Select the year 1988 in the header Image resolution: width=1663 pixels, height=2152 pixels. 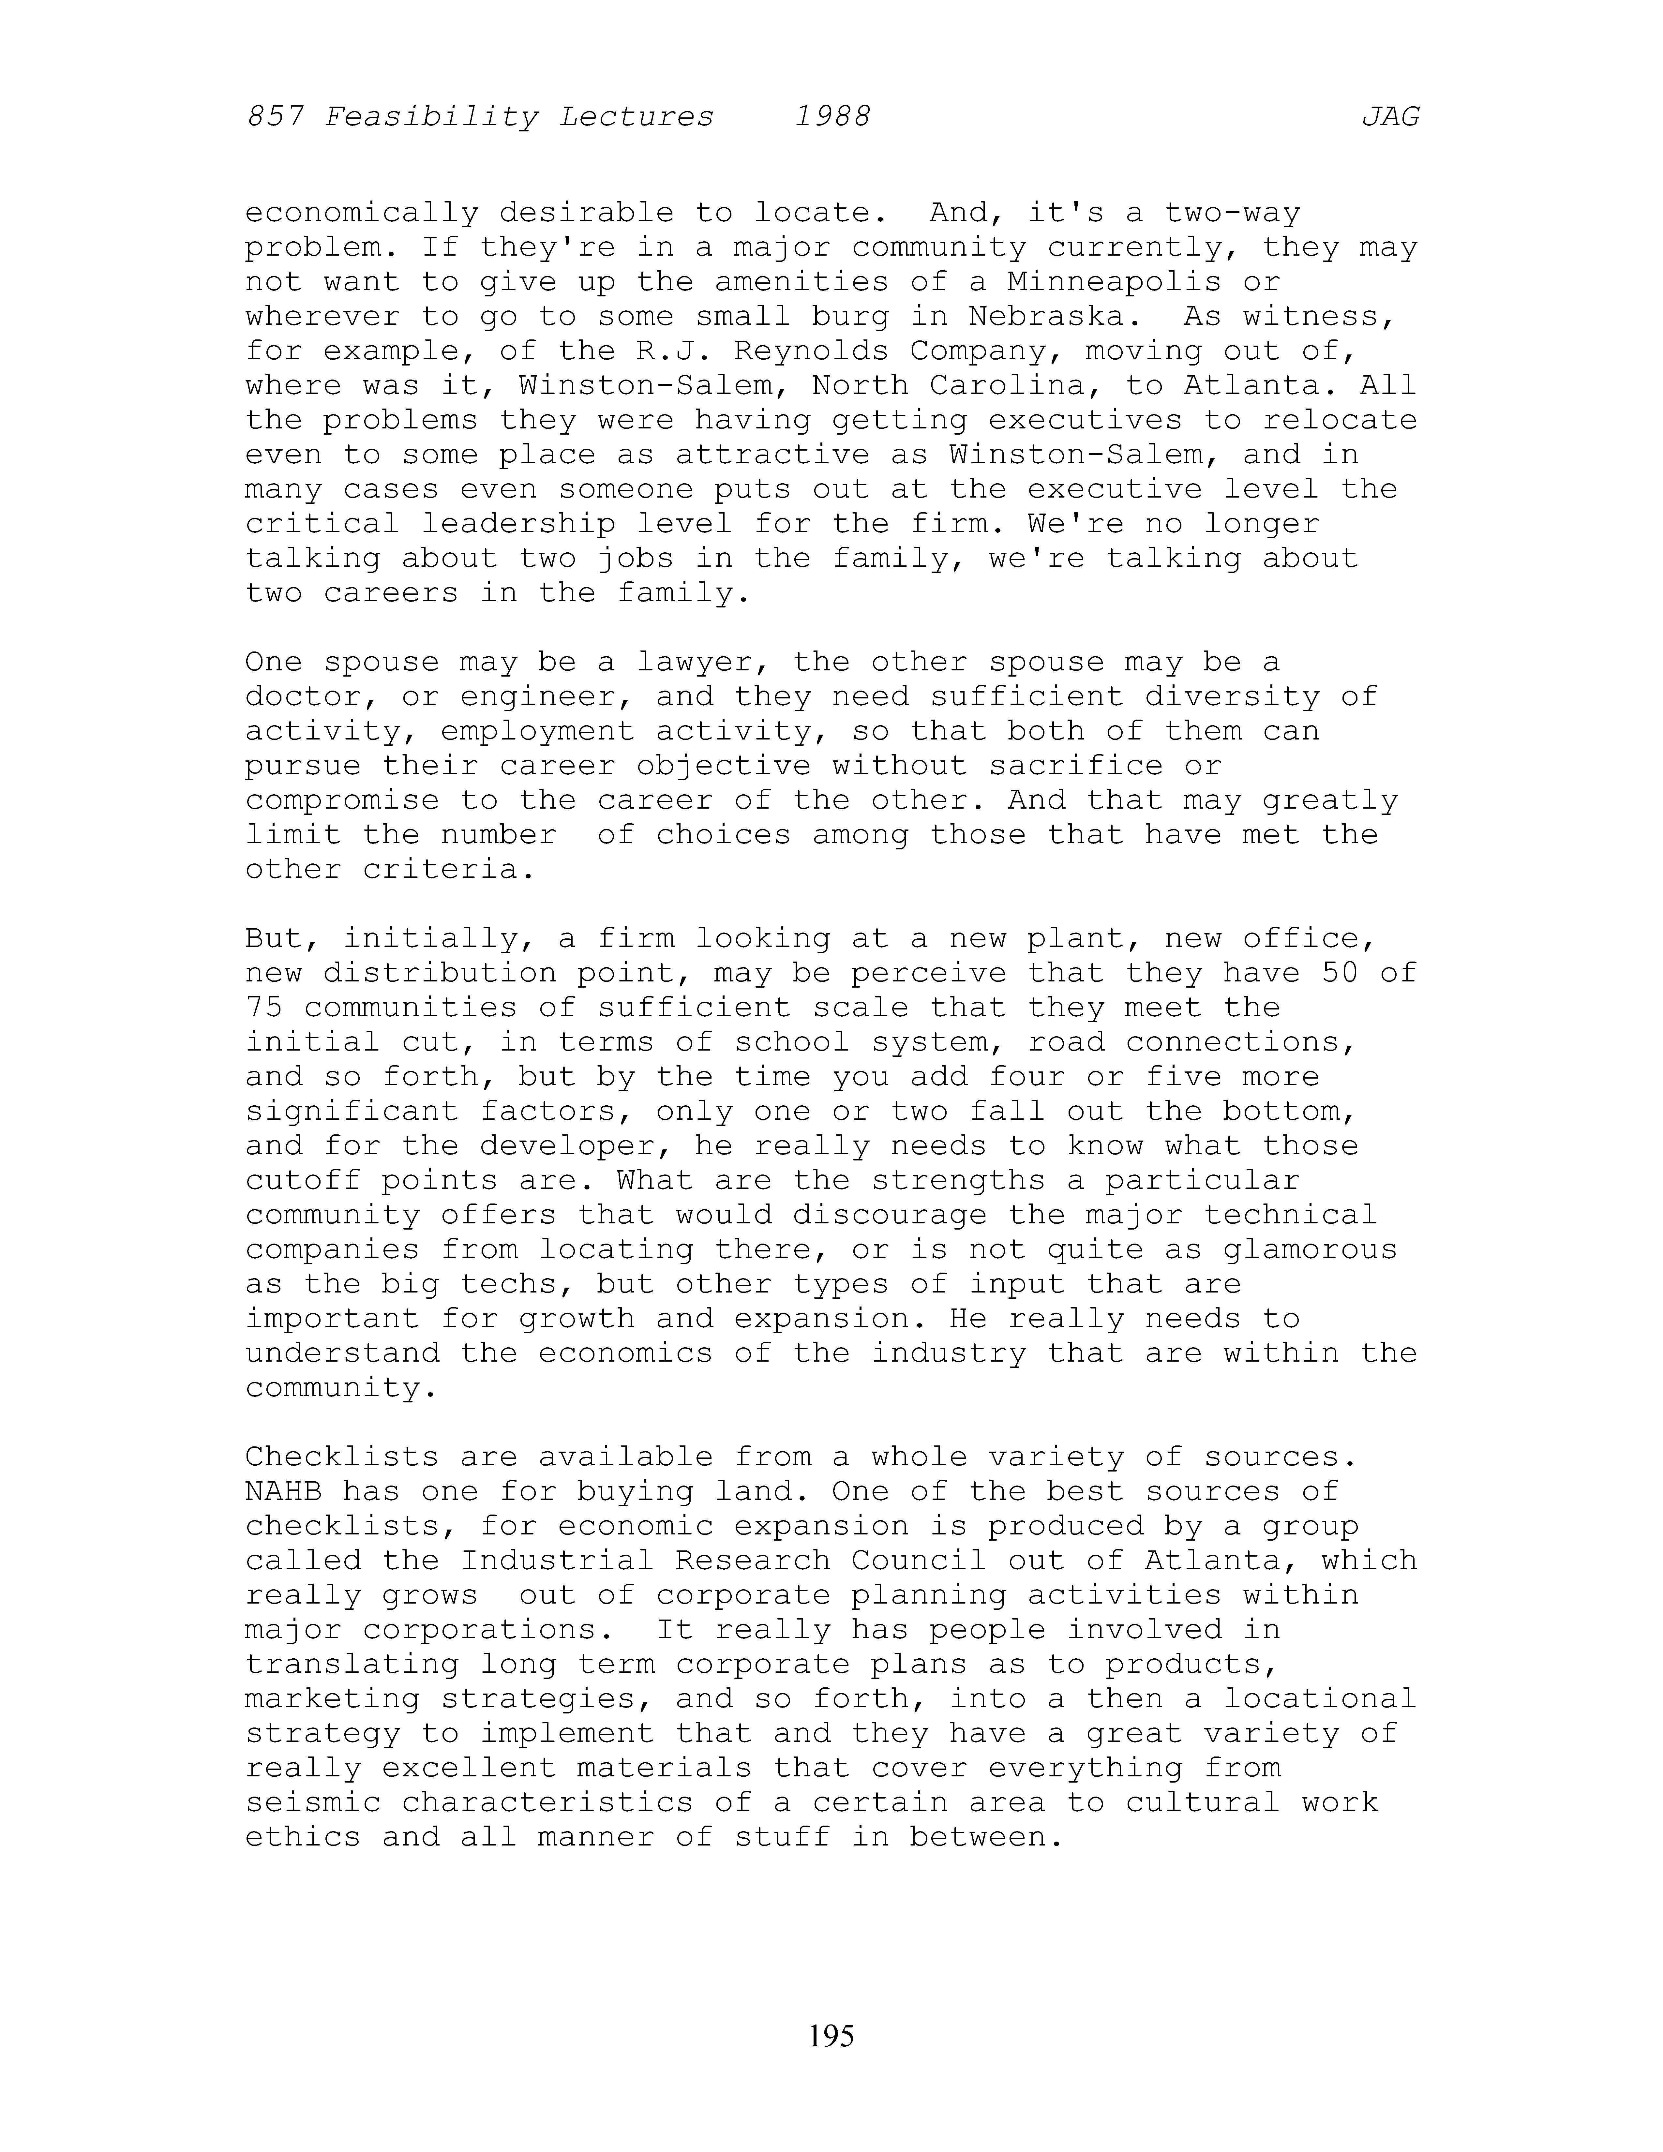(x=832, y=117)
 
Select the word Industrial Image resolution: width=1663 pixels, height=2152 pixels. (x=557, y=1561)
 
